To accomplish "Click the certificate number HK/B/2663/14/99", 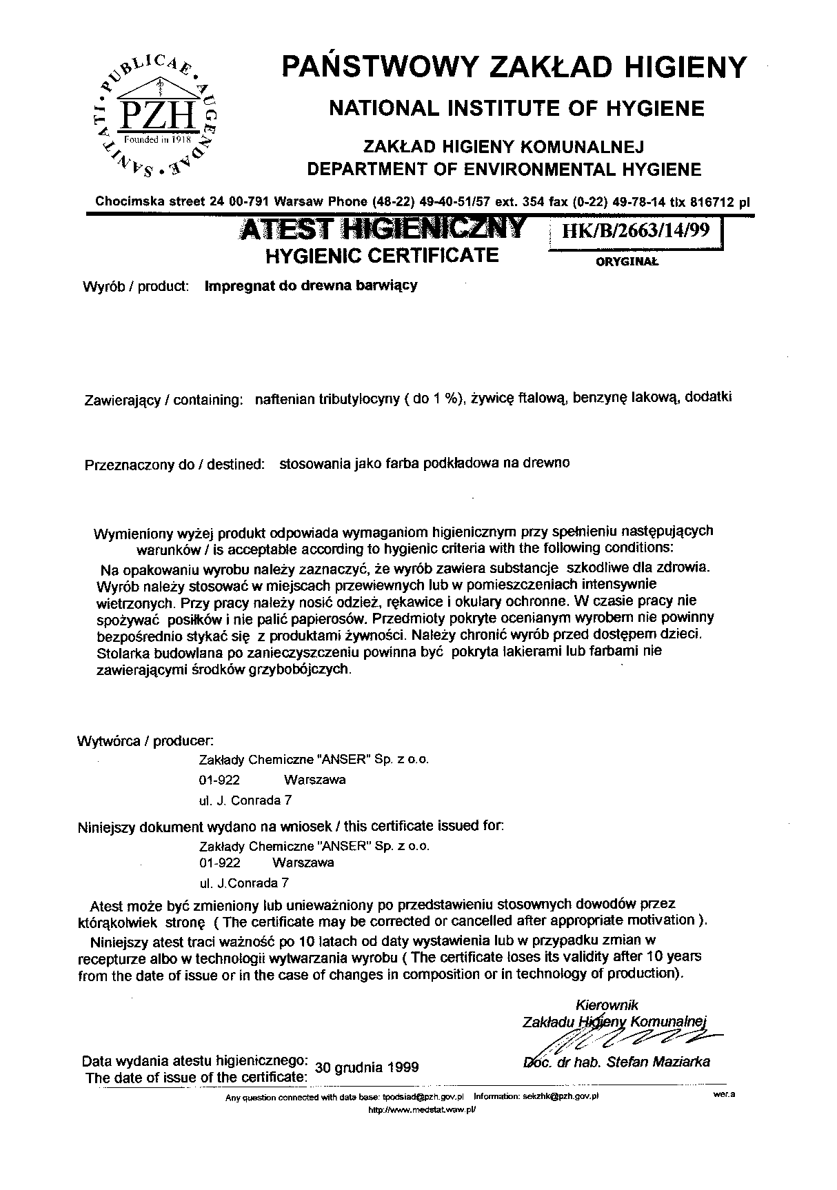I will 635,230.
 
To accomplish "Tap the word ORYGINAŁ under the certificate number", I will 627,262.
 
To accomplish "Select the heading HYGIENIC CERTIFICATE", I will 382,256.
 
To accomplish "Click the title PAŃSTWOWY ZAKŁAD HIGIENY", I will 514,67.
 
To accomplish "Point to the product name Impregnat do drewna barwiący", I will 311,285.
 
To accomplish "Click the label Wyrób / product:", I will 136,286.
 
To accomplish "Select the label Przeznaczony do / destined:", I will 174,465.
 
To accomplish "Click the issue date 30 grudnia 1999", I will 367,1067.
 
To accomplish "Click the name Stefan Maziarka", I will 658,1062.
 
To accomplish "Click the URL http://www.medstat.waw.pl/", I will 423,1110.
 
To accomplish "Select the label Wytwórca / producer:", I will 145,741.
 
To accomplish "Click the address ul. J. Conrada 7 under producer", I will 245,800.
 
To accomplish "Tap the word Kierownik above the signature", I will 607,1006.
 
